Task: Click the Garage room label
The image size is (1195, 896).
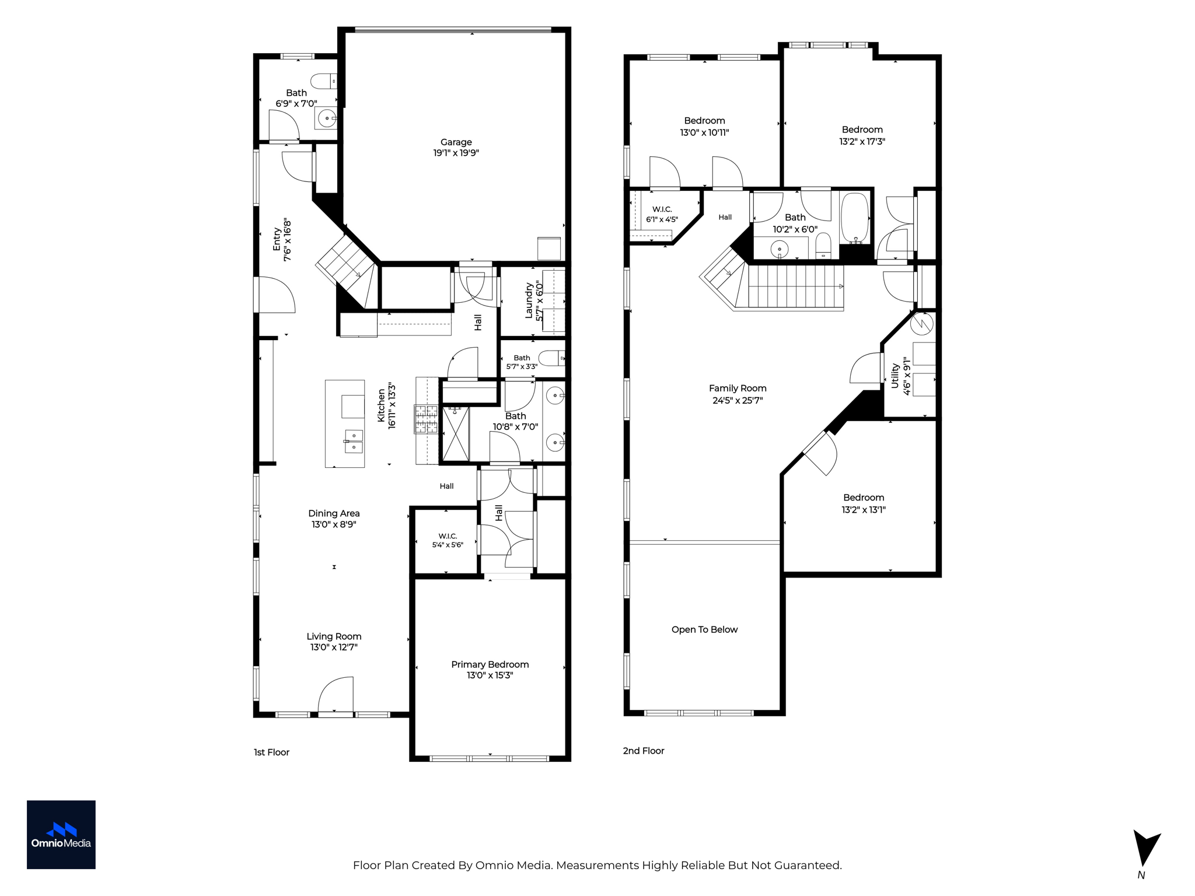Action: [456, 142]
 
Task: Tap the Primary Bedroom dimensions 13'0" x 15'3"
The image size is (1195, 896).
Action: [490, 675]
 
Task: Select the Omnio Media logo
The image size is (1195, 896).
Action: [61, 835]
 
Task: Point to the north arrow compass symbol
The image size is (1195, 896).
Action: [1146, 849]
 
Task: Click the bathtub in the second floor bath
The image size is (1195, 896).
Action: [855, 218]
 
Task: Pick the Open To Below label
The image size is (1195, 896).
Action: [704, 629]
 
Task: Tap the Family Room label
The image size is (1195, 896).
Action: [738, 388]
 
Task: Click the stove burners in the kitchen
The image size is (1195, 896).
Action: [426, 419]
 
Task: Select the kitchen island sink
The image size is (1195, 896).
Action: [354, 441]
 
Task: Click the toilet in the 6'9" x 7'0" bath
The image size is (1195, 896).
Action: [323, 80]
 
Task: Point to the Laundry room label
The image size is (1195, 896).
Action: [529, 301]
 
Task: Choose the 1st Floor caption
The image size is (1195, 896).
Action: [271, 752]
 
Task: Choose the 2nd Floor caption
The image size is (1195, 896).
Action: [644, 751]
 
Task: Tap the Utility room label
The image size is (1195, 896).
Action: [894, 376]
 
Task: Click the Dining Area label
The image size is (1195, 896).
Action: [334, 513]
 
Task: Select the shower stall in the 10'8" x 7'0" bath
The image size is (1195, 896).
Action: [456, 434]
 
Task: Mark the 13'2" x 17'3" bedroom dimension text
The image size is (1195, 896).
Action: [862, 141]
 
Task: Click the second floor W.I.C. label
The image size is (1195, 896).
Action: [662, 209]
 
